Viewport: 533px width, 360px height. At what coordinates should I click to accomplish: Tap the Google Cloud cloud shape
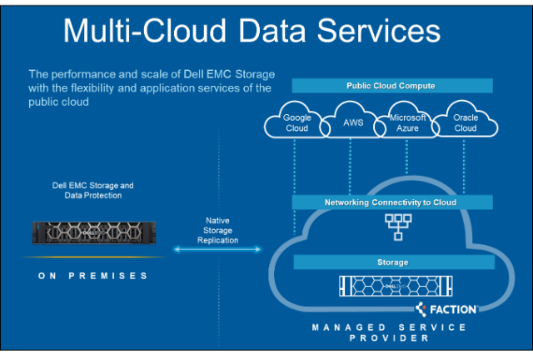coord(296,123)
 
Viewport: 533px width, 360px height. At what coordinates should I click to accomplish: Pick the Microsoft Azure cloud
coord(408,123)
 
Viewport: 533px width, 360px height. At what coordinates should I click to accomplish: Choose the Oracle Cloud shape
coord(466,123)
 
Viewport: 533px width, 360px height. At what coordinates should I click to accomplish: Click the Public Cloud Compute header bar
coord(391,86)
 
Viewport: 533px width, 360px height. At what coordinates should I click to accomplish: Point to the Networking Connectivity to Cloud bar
coord(391,202)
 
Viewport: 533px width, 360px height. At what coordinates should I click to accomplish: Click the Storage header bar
coord(391,262)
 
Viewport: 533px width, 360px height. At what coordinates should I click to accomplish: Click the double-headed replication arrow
coord(217,248)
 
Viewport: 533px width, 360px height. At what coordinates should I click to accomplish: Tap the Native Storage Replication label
coord(217,230)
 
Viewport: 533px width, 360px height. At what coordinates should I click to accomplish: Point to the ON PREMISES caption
coord(93,275)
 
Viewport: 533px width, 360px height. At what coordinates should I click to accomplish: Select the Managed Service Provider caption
coord(390,332)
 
